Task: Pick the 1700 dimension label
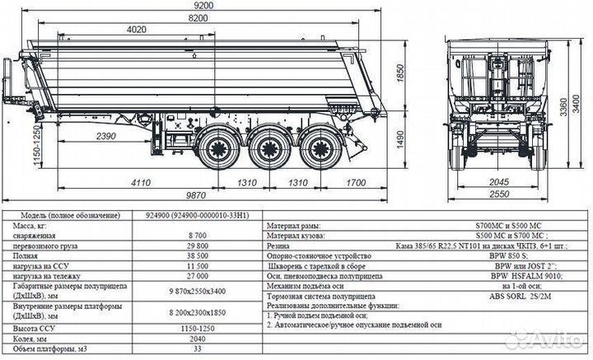pos(357,181)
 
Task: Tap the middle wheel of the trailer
pos(267,150)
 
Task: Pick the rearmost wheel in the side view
pos(314,150)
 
